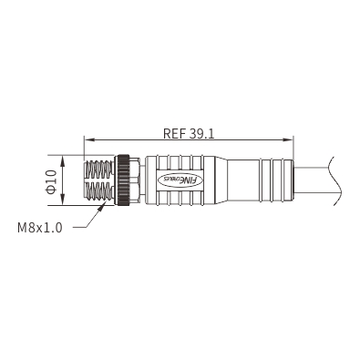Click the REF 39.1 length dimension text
pyautogui.click(x=189, y=133)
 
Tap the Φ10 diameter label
pyautogui.click(x=51, y=181)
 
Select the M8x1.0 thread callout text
pyautogui.click(x=40, y=228)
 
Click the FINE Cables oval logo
pyautogui.click(x=180, y=180)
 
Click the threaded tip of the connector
pyautogui.click(x=98, y=180)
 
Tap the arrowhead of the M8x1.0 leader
pyautogui.click(x=101, y=208)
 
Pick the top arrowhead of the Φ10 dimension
pyautogui.click(x=63, y=161)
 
